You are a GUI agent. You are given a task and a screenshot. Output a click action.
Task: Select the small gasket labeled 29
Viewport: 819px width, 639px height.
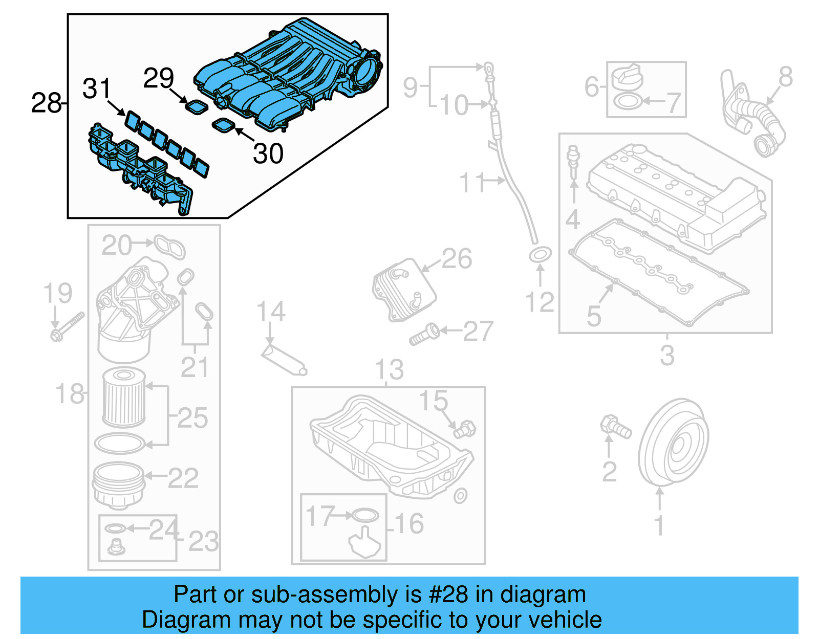(x=196, y=107)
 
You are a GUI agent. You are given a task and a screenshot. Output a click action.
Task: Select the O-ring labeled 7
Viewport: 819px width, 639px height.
(x=627, y=101)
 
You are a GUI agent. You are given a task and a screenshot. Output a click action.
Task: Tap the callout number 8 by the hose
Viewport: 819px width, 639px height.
(x=785, y=77)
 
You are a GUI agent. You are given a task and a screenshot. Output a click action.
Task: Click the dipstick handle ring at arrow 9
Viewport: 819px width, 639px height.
(x=489, y=67)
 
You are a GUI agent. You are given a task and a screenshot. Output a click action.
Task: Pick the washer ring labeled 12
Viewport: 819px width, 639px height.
(x=540, y=254)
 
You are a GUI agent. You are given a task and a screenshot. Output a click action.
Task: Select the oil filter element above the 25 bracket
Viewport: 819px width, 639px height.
(x=124, y=398)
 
